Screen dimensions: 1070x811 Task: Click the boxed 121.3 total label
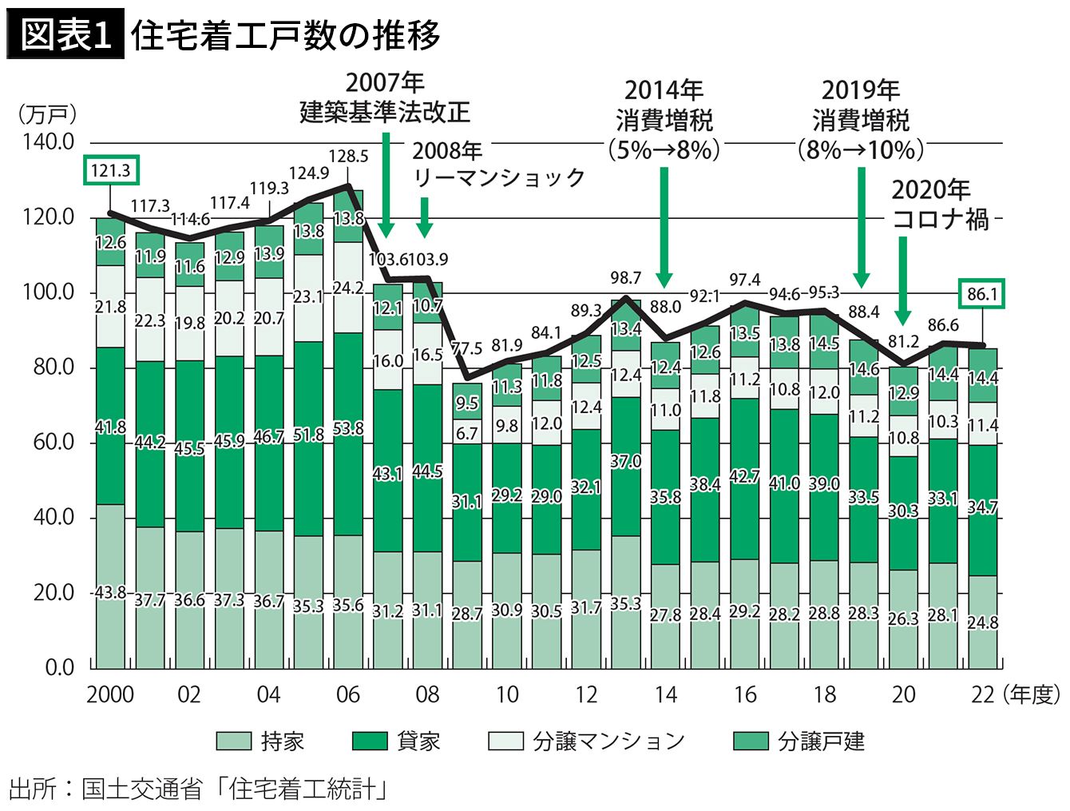point(111,170)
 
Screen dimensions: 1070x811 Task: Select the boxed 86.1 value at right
point(982,293)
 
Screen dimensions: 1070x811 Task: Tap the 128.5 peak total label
point(348,156)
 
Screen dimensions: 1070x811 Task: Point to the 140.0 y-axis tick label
point(48,142)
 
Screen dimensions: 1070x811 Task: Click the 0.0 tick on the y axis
point(59,668)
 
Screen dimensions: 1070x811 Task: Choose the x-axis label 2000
point(110,694)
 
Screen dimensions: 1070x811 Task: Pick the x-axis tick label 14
point(666,694)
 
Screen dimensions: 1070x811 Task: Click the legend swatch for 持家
point(234,741)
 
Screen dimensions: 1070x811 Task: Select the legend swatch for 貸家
point(370,741)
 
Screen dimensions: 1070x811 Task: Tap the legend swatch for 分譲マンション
point(506,741)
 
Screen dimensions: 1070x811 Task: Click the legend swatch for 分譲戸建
point(751,741)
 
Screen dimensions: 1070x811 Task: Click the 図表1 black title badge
point(65,34)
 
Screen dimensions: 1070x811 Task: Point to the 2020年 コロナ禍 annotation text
point(939,205)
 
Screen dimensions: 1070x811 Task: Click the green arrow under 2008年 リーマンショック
point(425,217)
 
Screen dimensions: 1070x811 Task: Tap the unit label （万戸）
point(48,115)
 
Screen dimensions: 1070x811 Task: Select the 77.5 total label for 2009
point(466,348)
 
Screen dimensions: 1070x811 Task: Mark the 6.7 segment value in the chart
point(466,433)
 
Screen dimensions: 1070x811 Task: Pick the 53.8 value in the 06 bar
point(348,428)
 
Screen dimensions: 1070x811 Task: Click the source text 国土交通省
point(141,789)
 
